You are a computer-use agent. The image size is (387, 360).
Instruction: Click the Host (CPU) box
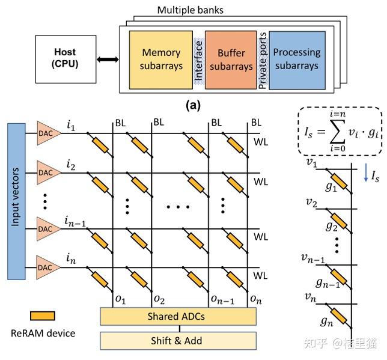point(66,59)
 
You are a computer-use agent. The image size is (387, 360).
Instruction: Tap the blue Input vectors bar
point(16,202)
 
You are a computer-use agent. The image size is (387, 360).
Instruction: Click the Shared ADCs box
point(178,316)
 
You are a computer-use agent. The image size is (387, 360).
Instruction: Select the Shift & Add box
point(178,340)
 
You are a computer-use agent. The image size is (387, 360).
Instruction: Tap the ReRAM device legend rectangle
point(43,316)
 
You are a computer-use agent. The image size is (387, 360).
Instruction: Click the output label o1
point(120,299)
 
